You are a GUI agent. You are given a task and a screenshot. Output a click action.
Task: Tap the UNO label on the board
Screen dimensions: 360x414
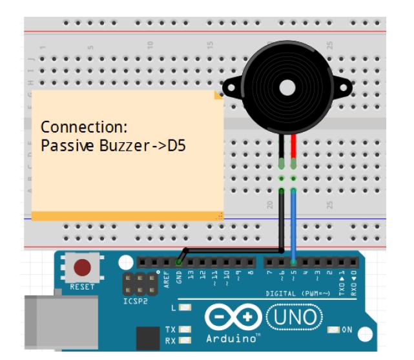point(293,317)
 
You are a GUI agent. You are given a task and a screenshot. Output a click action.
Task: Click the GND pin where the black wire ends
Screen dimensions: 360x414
point(179,262)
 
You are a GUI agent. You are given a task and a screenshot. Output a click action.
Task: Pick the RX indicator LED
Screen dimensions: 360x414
point(185,340)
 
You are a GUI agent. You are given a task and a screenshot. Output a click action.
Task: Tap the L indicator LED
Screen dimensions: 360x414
point(185,308)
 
